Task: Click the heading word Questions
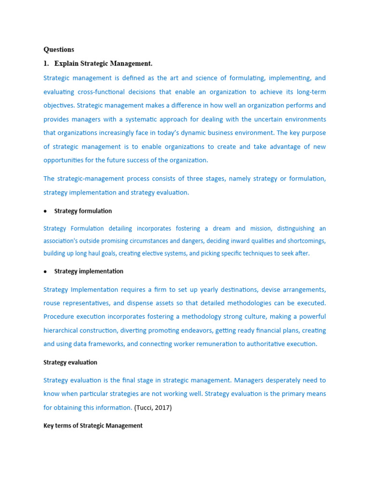coord(59,49)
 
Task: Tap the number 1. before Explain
coord(46,64)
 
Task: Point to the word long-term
coord(310,91)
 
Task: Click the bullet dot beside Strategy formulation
coord(45,211)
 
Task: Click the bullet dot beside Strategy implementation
coord(45,272)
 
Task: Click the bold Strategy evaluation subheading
coord(70,362)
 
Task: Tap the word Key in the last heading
coord(49,426)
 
